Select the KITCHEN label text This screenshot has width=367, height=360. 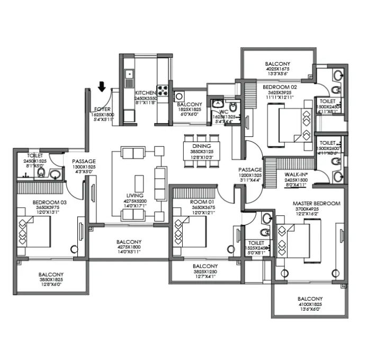click(x=145, y=93)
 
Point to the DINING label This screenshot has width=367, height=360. click(x=201, y=146)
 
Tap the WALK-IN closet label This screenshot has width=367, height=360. click(x=297, y=174)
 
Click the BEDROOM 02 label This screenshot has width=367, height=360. click(x=281, y=86)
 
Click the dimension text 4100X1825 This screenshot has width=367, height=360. click(x=310, y=304)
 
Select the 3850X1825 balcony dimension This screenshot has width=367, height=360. click(x=51, y=280)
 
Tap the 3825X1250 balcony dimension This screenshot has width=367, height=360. click(x=204, y=271)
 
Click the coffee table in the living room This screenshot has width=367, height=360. click(x=140, y=181)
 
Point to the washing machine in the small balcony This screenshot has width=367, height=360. click(x=180, y=96)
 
